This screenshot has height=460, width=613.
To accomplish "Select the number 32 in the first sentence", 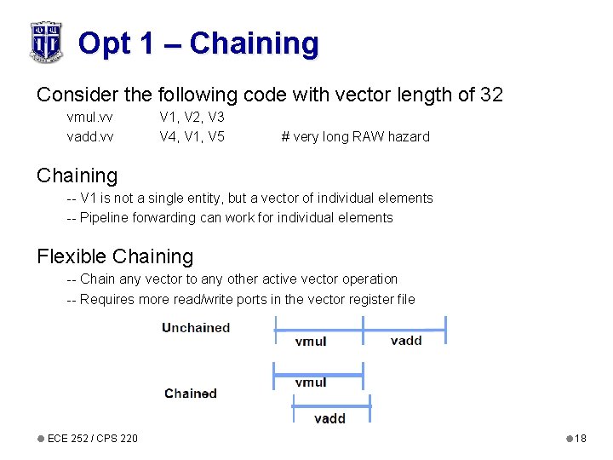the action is coord(491,95).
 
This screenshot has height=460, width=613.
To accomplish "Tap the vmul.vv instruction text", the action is coord(90,117).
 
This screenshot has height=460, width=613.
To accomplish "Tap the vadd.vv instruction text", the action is coord(90,136).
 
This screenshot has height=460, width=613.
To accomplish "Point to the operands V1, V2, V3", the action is coord(192,117).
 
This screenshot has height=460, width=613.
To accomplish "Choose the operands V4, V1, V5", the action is coord(192,136).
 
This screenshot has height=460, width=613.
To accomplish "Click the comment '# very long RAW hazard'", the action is coord(355,136).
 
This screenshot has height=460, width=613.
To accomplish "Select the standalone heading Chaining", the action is coord(77,175).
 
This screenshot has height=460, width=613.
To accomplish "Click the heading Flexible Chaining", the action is coord(115,256).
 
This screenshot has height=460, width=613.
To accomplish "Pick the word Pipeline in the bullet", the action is coord(106,217).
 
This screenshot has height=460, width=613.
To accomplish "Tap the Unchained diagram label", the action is coord(196,328).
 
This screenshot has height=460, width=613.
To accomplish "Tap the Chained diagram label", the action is coord(191,394).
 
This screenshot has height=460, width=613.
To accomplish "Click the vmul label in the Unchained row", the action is coord(311,342).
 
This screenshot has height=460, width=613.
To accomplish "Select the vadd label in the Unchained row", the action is coord(406,341).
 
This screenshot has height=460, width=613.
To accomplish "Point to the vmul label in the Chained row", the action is coord(311,382).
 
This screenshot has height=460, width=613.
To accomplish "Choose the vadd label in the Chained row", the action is coord(329,418).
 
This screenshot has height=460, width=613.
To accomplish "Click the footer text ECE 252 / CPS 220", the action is coord(92,438).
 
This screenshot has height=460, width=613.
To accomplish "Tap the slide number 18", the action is coord(581,438).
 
